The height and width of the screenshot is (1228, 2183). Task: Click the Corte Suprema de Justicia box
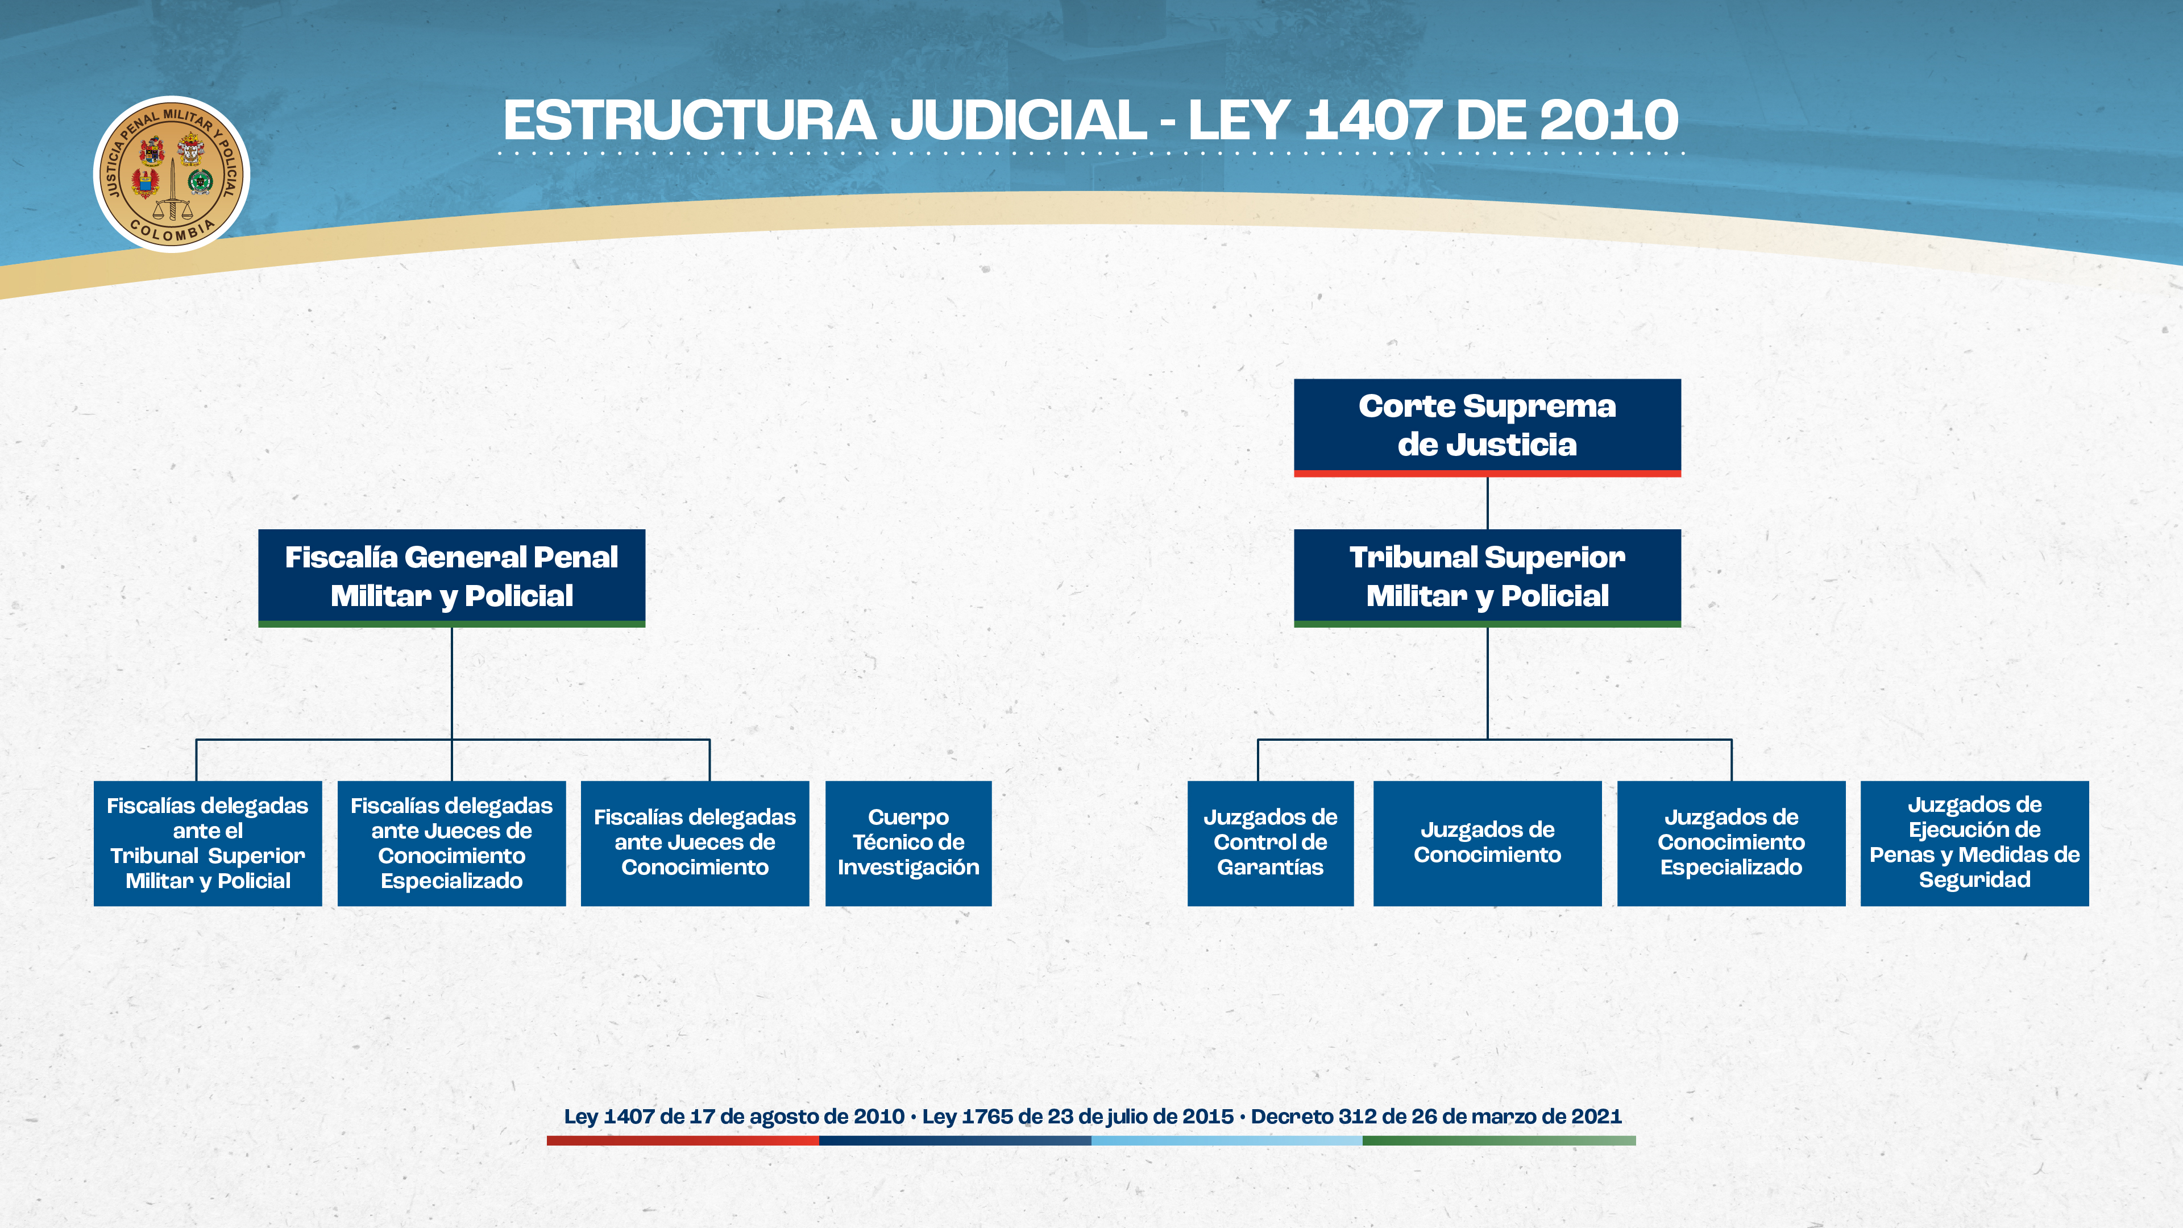1487,427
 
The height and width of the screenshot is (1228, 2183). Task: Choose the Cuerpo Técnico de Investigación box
908,843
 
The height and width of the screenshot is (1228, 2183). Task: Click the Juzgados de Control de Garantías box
1271,843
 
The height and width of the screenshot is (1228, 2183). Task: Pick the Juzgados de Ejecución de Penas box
1974,843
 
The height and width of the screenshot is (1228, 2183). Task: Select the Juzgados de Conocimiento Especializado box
1731,843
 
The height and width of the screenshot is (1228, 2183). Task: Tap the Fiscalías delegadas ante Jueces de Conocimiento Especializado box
452,843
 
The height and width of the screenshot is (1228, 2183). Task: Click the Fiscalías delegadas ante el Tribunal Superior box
207,843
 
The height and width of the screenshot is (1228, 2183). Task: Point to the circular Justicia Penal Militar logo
172,174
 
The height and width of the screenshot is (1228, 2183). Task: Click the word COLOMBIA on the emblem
173,230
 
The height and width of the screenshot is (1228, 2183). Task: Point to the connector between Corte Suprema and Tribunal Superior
1487,503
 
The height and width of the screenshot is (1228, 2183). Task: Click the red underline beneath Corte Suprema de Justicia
1487,474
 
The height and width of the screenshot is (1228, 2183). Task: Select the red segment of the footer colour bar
683,1140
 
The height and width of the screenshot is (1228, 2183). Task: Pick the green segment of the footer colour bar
1499,1140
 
